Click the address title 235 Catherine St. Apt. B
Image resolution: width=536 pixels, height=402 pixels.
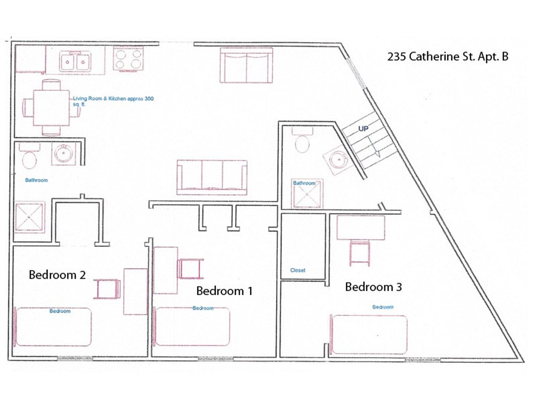[x=447, y=57]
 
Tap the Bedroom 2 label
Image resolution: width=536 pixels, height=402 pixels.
[x=57, y=275]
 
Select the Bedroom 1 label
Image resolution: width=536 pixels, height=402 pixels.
[x=224, y=291]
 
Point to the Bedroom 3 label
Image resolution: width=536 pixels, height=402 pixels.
[x=373, y=287]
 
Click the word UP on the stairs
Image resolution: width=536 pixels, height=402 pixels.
[x=363, y=128]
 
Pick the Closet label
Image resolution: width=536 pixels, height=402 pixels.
[x=298, y=270]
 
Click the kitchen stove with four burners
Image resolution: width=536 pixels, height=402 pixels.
[x=128, y=59]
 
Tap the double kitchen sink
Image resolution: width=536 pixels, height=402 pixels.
[x=75, y=61]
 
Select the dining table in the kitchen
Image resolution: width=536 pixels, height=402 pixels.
[x=52, y=108]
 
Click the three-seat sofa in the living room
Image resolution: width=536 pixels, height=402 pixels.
[x=212, y=177]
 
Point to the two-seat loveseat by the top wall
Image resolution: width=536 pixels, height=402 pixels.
[x=246, y=65]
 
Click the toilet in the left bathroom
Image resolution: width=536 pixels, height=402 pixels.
[x=29, y=157]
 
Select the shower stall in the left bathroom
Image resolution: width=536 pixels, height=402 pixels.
[x=29, y=217]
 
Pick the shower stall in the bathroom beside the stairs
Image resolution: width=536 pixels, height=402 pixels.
[x=307, y=194]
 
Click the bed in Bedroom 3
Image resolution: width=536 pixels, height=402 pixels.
[x=369, y=334]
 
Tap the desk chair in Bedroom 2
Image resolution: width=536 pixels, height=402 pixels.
[x=107, y=289]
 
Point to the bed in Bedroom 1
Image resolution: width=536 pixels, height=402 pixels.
[x=192, y=326]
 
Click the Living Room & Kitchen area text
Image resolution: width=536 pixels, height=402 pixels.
[x=113, y=101]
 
